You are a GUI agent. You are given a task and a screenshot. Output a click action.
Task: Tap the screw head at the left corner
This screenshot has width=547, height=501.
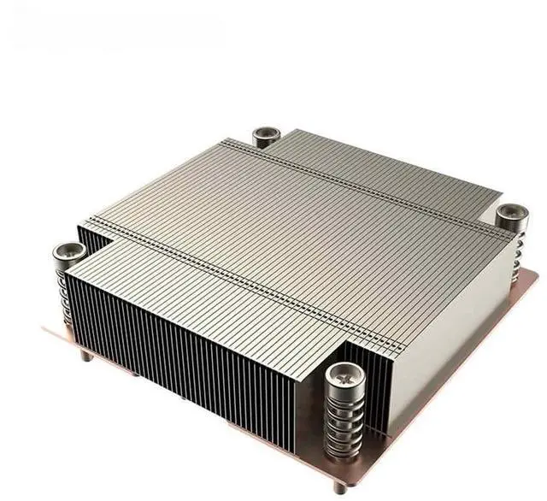(x=68, y=252)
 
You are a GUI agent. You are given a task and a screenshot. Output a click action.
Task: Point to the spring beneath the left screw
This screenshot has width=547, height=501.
(x=67, y=291)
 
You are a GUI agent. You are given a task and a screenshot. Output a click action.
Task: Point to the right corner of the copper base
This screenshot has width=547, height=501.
(x=536, y=275)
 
